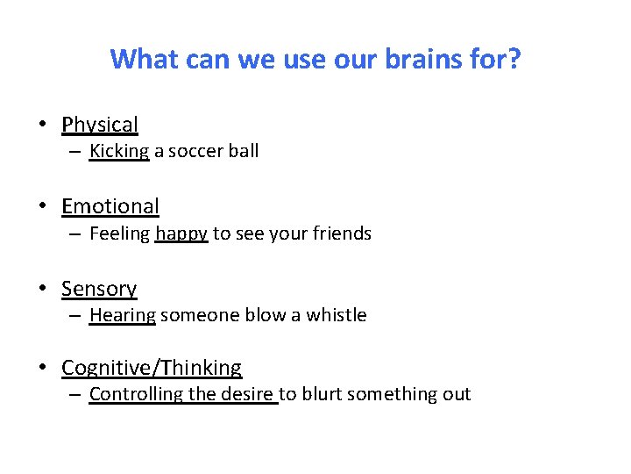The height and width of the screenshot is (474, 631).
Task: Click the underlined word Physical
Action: [x=100, y=126]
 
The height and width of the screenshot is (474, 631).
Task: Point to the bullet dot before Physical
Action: [x=42, y=125]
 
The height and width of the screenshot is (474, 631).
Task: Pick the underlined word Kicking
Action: [x=119, y=151]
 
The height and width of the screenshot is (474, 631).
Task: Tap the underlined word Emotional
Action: [x=110, y=207]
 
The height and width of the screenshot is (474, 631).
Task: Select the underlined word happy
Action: [x=181, y=233]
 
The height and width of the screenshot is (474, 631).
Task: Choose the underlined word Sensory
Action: [x=99, y=289]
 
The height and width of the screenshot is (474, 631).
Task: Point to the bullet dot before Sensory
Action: [x=42, y=289]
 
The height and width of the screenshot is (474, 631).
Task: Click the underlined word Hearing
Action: [x=123, y=315]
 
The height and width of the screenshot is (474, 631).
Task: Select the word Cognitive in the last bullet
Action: [x=102, y=368]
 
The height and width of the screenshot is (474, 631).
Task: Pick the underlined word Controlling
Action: [x=131, y=394]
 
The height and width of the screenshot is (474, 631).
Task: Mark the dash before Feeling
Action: [x=75, y=233]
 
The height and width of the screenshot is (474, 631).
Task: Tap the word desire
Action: [x=246, y=394]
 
